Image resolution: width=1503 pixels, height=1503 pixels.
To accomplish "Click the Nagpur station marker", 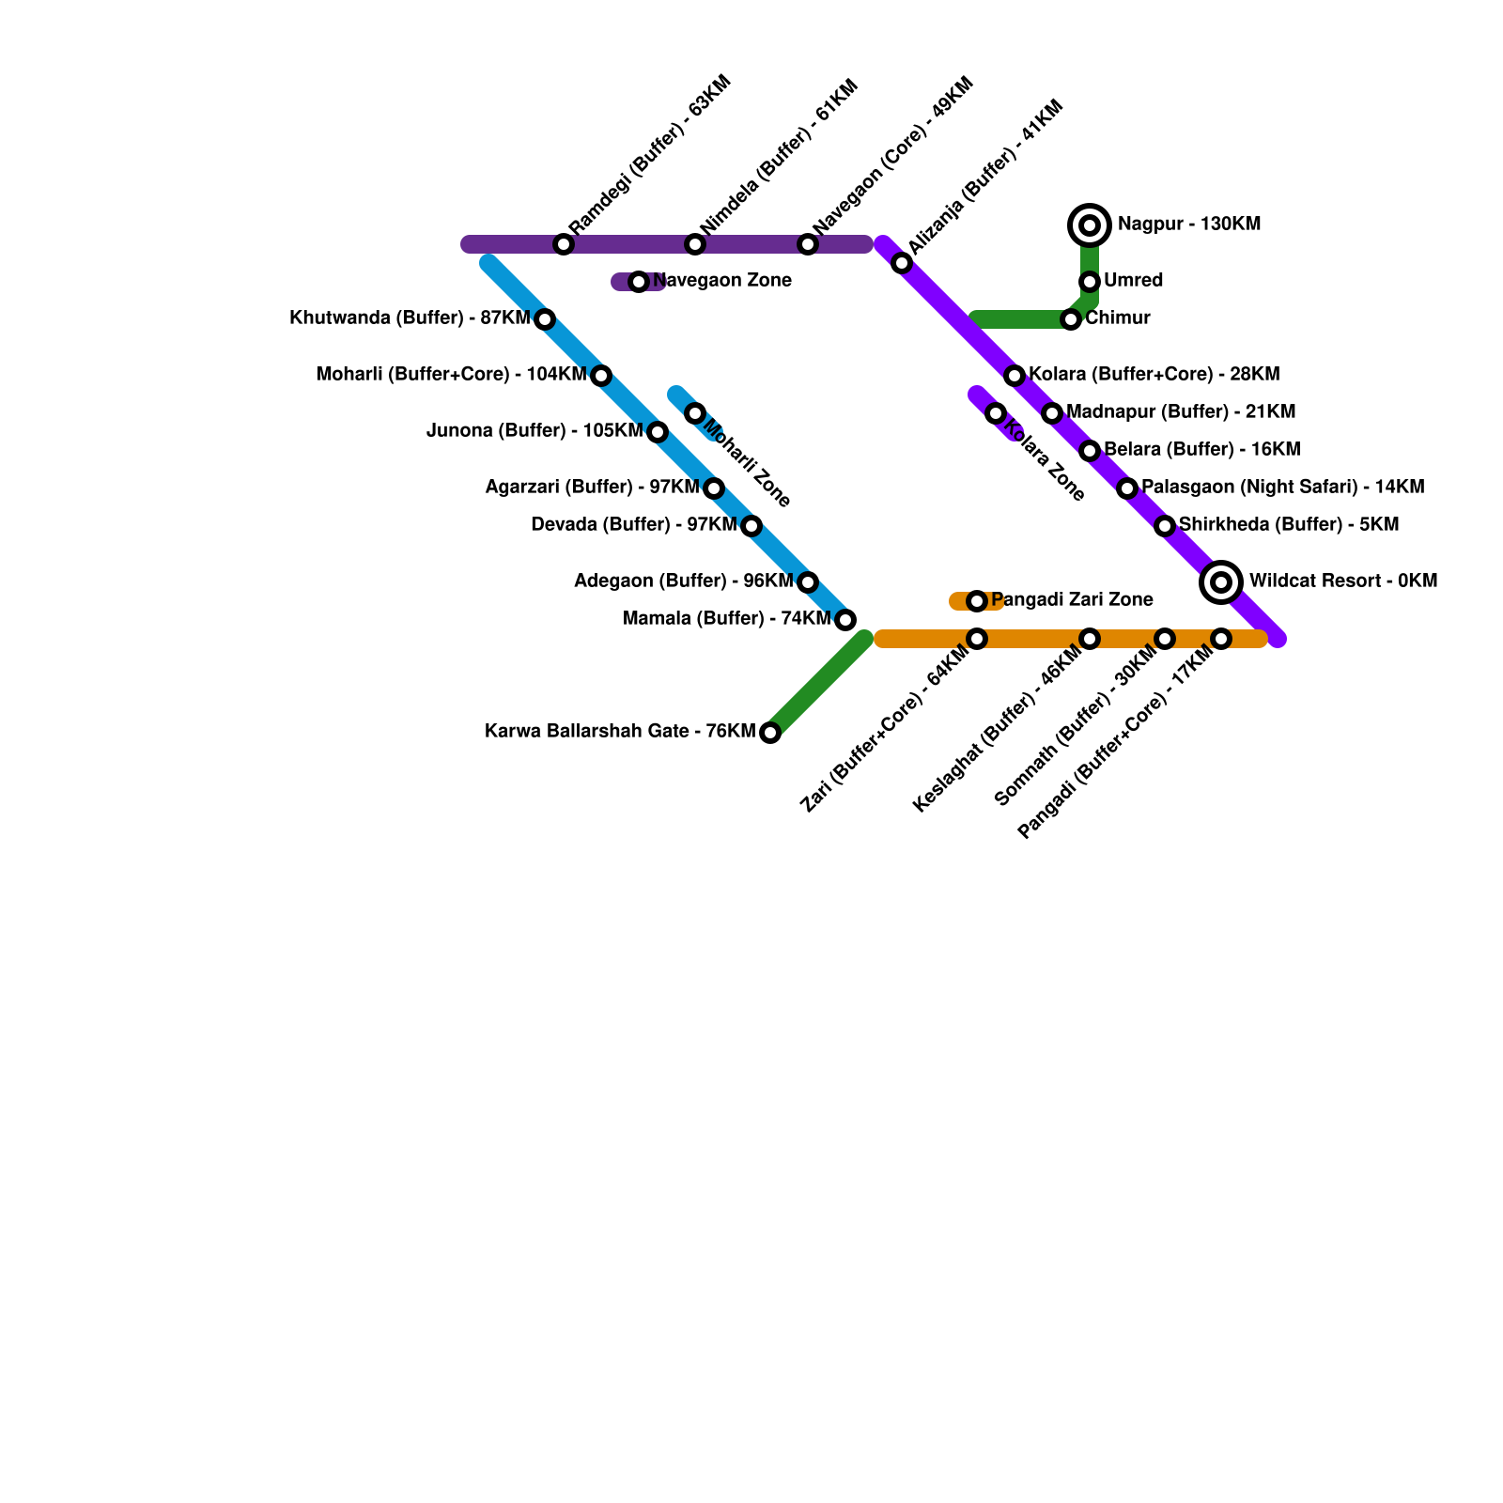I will click(1090, 225).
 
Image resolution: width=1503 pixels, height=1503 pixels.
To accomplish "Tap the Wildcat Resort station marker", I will click(1221, 582).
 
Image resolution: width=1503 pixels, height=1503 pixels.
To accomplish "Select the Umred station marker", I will click(1090, 282).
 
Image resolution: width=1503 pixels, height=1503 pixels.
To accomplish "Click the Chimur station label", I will click(1118, 318).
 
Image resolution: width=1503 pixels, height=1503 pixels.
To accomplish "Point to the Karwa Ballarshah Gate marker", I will click(770, 733).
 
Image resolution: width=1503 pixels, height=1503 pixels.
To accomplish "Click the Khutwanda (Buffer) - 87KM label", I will click(410, 318).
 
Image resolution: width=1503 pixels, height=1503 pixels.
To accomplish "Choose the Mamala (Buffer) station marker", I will click(845, 620).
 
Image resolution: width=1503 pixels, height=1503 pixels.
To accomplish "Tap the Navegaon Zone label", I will click(721, 281).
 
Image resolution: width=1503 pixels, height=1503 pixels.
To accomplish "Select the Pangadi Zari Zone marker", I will click(977, 601).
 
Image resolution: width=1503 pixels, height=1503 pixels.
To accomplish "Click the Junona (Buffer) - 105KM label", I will click(535, 431).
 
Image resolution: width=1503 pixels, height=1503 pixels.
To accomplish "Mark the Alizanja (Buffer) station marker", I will click(902, 263).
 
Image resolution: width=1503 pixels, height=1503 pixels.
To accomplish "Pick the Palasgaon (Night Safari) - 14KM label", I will click(1282, 488).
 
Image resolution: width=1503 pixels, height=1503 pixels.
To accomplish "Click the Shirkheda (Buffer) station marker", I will click(1165, 526).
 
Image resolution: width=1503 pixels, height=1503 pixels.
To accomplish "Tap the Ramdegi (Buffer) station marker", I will click(564, 244).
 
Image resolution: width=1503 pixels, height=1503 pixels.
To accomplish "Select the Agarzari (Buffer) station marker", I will click(714, 488).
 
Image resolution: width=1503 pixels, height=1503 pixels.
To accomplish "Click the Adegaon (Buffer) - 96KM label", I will click(684, 581).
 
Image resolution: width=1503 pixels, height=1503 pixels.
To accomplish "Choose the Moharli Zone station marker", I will click(695, 413).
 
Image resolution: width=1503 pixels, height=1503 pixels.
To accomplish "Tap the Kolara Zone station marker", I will click(996, 413).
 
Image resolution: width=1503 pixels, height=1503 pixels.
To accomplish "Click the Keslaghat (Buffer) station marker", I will click(1090, 639).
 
